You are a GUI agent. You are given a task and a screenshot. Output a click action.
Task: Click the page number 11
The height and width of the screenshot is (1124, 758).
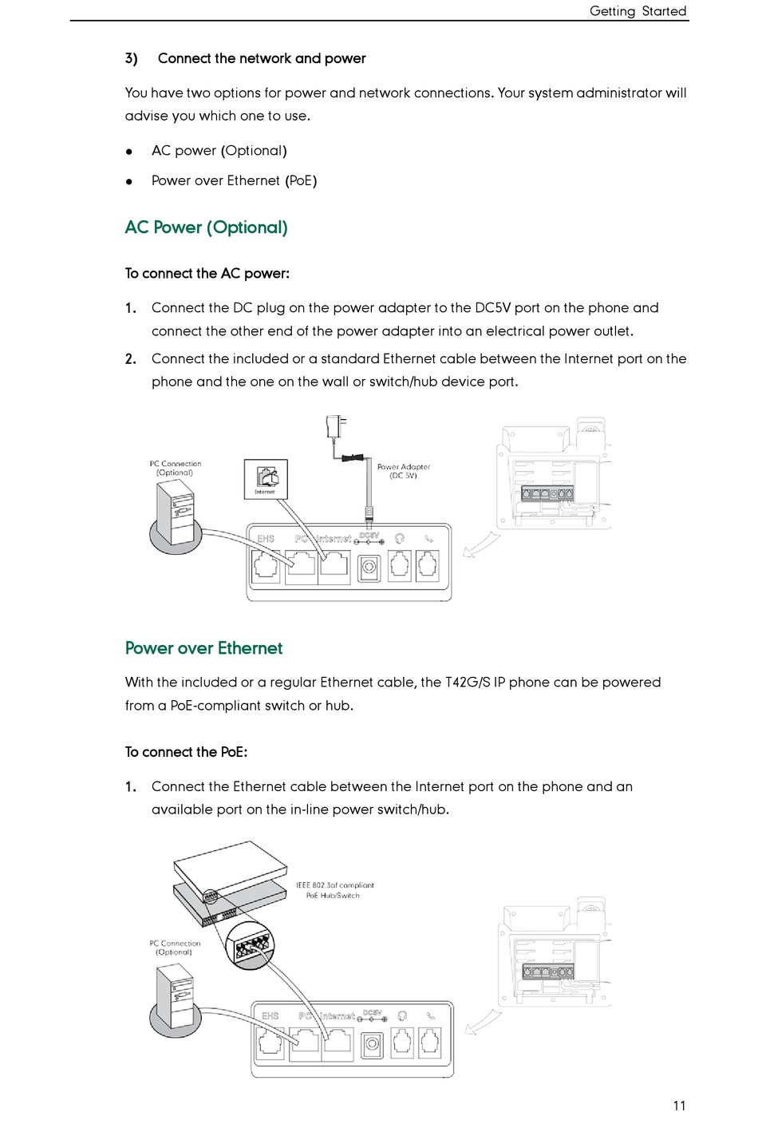point(679,1106)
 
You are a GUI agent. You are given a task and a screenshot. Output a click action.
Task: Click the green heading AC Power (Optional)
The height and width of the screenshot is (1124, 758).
point(206,228)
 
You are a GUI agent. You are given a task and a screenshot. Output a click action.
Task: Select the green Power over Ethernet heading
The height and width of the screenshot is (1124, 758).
point(203,648)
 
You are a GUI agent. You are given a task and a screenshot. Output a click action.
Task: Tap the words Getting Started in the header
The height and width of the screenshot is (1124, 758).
point(638,11)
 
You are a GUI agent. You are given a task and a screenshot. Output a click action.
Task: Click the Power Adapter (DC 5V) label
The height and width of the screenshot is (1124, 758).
point(403,471)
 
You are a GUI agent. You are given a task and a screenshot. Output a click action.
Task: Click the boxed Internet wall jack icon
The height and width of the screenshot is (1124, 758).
point(266,479)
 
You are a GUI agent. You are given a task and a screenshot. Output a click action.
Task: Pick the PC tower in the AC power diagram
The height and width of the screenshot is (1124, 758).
point(176,514)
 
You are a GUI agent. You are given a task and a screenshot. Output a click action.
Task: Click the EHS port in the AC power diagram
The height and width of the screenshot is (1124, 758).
point(266,565)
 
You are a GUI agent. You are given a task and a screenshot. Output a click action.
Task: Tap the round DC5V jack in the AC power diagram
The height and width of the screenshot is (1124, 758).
point(369,568)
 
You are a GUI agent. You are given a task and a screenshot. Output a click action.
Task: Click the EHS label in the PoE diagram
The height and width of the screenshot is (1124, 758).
point(270,1016)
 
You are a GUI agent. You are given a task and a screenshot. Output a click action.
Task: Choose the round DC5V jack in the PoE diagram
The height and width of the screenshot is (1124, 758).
point(372,1043)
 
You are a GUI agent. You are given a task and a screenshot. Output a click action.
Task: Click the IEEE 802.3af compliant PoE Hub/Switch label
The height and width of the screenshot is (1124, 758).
point(334,890)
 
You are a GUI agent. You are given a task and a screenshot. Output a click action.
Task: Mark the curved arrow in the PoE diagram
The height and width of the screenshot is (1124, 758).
point(483,1022)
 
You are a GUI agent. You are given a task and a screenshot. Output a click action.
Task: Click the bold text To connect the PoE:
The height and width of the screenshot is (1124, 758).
point(186,752)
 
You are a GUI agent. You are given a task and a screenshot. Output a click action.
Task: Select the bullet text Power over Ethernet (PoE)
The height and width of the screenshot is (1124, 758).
point(234,181)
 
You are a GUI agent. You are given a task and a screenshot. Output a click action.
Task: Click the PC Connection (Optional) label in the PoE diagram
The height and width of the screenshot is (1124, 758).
point(175,948)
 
